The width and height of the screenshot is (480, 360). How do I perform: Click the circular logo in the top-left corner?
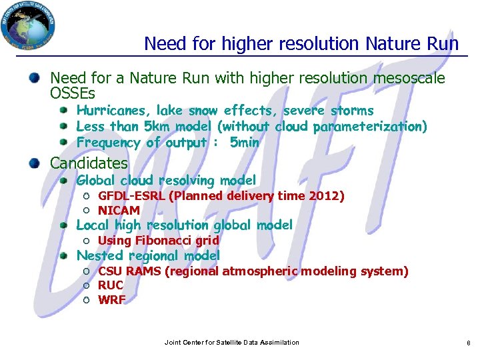28,27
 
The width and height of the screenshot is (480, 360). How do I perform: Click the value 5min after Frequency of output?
244,143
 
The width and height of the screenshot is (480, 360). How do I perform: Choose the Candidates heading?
89,163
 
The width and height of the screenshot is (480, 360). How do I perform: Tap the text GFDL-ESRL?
131,196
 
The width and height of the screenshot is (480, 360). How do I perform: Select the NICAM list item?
119,211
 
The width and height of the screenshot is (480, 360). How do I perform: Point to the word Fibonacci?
163,241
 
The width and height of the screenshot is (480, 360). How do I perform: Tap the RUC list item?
110,285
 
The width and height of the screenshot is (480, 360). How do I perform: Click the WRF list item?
111,300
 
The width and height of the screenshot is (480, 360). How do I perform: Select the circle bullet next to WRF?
87,300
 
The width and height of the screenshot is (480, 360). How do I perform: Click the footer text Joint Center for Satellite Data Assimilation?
231,343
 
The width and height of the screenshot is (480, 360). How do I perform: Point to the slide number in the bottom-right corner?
468,343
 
